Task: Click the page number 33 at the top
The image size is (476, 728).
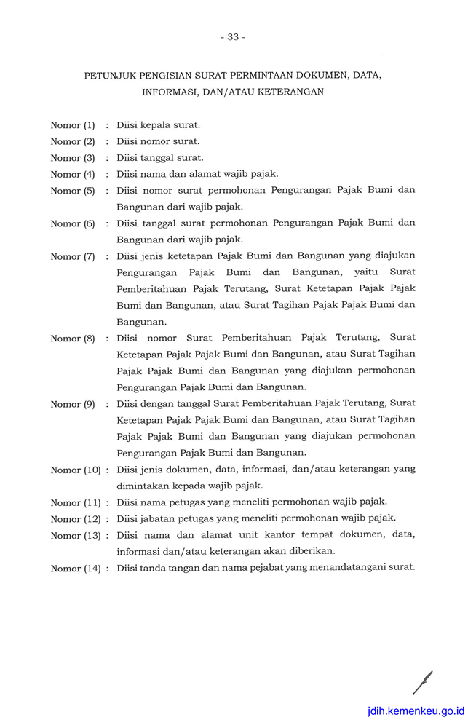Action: [233, 37]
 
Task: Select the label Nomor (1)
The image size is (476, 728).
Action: [73, 125]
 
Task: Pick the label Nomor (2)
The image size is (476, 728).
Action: [73, 141]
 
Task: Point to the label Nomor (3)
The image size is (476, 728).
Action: [73, 158]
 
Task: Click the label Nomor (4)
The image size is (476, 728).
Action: [73, 175]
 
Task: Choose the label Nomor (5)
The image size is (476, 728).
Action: [73, 191]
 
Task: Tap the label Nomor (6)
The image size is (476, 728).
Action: [73, 223]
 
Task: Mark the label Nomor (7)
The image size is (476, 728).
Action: [73, 256]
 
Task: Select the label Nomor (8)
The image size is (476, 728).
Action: [73, 339]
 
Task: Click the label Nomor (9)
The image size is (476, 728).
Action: [73, 404]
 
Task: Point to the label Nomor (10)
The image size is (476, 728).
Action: [76, 470]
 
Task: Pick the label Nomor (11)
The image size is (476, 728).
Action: [76, 502]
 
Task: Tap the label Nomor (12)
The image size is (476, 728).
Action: [76, 519]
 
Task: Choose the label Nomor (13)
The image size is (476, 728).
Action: [76, 536]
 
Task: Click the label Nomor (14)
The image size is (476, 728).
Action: [76, 569]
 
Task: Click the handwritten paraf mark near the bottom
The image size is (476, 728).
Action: [422, 682]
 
